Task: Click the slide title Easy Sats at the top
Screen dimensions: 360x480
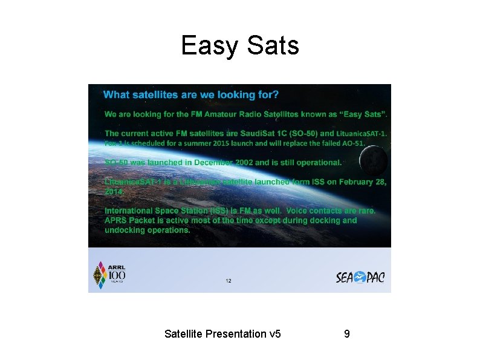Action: point(239,45)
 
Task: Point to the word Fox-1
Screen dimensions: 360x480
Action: point(114,143)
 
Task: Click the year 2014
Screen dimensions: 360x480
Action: point(113,191)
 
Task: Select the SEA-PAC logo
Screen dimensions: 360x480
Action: point(360,277)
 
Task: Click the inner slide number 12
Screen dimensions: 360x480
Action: point(228,281)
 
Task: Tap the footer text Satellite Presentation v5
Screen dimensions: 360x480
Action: point(222,333)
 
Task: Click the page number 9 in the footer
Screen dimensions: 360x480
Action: point(346,333)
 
